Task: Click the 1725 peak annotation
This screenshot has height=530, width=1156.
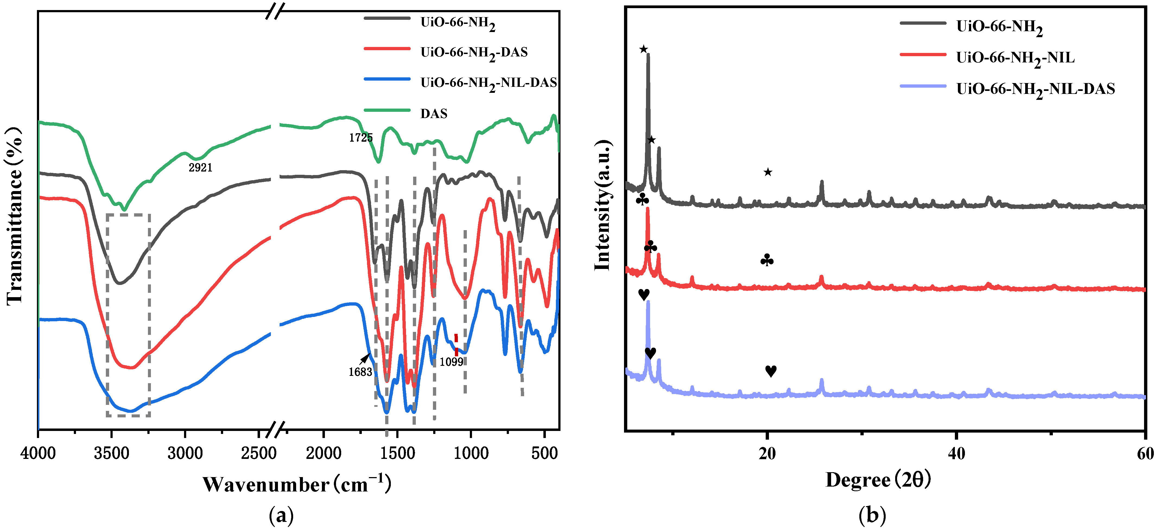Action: point(360,138)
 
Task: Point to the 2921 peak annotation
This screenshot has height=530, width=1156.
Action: point(200,167)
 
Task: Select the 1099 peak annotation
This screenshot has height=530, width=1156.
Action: point(451,362)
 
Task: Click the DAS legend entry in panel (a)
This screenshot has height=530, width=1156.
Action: point(433,113)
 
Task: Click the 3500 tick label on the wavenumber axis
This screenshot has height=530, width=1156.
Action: point(111,453)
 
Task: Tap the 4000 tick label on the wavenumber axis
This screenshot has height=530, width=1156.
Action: point(38,453)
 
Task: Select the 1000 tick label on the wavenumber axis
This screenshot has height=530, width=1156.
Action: point(471,453)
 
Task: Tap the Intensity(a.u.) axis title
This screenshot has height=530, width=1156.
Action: point(602,205)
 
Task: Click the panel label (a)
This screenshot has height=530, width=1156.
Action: point(281,516)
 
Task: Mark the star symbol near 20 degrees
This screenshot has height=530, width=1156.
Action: point(768,172)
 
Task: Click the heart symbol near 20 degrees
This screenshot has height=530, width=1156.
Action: point(771,371)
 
